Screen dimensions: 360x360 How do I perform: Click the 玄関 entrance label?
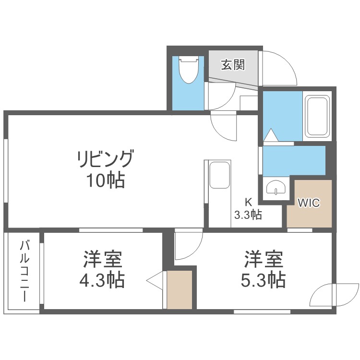233,65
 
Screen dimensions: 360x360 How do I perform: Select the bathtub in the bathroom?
317,117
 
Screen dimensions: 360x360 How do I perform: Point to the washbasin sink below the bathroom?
276,188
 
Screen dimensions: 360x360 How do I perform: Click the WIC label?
308,203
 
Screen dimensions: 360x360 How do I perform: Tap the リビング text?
106,158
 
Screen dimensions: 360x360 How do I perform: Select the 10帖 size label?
106,180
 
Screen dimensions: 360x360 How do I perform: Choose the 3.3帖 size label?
248,215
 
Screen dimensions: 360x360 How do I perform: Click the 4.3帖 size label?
102,279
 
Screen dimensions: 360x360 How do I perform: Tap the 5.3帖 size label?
263,279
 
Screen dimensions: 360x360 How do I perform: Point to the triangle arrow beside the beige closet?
156,282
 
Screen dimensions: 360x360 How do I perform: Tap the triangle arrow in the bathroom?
271,135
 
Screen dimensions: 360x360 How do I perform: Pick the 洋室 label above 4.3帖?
102,259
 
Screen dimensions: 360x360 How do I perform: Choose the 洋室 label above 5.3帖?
263,259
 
